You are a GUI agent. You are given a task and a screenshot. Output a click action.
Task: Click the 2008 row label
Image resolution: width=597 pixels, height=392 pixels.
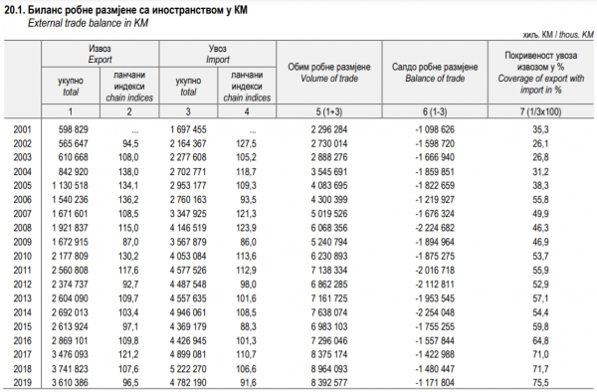pos(22,228)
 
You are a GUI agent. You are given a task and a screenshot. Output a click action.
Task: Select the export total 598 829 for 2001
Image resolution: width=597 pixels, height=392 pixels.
pos(73,129)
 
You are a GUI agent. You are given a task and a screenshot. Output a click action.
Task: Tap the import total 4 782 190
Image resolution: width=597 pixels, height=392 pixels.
pos(188,382)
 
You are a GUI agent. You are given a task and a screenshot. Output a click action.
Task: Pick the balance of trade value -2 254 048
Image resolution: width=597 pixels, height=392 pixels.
pos(435,312)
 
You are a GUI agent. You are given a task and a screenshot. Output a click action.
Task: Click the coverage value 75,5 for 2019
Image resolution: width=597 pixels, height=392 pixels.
pos(540,382)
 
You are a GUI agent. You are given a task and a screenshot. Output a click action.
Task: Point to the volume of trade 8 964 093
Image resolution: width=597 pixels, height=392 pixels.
pos(329,369)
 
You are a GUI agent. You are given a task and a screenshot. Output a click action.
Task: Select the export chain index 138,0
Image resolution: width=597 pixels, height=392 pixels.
pos(128,172)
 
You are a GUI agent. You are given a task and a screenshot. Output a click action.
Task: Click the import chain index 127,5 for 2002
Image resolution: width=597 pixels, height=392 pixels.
pos(246,143)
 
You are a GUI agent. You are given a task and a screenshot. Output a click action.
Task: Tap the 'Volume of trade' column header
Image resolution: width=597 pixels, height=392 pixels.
pos(329,79)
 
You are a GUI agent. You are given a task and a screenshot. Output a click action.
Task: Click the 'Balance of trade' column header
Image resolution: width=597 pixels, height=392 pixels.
pos(435,79)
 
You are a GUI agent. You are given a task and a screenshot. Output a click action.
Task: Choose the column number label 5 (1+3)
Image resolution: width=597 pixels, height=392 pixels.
pos(329,111)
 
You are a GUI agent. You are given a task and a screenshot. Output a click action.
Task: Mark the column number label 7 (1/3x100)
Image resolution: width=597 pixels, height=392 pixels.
pos(540,111)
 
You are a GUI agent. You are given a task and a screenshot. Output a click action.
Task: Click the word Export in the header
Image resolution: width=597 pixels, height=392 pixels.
pos(100,60)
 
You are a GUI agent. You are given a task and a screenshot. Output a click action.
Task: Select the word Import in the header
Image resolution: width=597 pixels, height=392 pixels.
pos(218,60)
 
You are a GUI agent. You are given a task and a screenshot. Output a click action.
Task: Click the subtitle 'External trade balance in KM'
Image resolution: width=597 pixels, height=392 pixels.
pos(88,23)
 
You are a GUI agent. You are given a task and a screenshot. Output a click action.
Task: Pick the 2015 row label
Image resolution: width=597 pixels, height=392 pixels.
pos(22,326)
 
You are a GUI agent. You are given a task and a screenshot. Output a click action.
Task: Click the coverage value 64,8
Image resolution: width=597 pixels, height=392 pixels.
pos(540,340)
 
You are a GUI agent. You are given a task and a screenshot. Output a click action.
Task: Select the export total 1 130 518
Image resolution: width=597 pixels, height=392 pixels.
pos(70,185)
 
